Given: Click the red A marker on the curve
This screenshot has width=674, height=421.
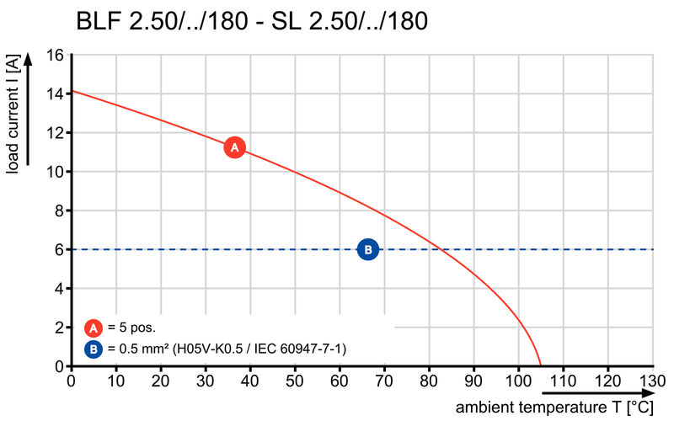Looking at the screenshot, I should coord(235,147).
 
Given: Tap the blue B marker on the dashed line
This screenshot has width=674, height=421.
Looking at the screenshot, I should coord(368,249).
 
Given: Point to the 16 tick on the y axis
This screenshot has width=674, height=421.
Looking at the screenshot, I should coord(56,56).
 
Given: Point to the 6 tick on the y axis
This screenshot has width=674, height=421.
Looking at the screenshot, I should coord(60,249).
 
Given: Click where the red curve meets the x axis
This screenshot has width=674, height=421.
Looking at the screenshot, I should coord(540,366).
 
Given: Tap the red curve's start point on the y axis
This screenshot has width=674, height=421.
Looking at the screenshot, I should coord(72,91).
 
